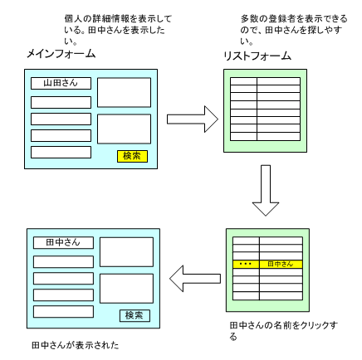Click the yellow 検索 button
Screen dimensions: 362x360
click(132, 156)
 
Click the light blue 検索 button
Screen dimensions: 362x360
click(135, 315)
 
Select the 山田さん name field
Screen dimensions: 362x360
click(61, 83)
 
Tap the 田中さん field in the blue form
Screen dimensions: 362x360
click(63, 242)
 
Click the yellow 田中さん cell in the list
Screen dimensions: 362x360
click(281, 264)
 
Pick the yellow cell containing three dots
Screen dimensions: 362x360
click(246, 264)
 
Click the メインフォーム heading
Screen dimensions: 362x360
click(61, 53)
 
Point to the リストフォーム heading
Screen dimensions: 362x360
click(257, 56)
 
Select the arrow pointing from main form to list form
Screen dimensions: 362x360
click(193, 119)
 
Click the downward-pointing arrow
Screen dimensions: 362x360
click(266, 191)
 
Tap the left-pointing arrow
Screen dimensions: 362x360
click(195, 279)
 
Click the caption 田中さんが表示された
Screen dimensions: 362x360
click(76, 345)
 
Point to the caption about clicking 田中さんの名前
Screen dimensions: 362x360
click(284, 331)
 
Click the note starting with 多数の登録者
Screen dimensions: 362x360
click(294, 30)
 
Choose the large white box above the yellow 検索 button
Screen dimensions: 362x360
click(124, 129)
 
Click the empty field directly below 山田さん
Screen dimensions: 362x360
click(61, 102)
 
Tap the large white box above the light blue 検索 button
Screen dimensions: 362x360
click(126, 289)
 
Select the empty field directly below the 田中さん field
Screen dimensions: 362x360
click(63, 262)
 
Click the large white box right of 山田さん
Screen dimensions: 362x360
click(124, 92)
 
